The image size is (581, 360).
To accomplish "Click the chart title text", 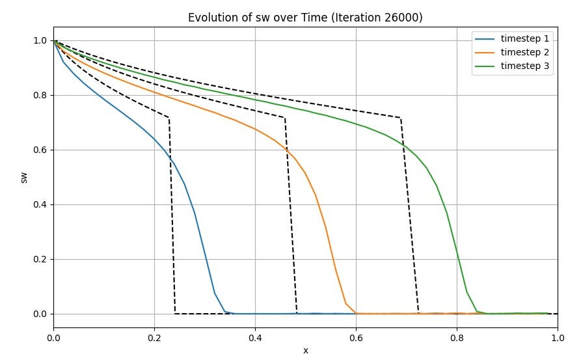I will [305, 18].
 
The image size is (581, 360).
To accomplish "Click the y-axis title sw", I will [24, 177].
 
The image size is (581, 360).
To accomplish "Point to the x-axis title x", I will [305, 350].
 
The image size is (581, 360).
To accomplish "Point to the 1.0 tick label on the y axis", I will [40, 41].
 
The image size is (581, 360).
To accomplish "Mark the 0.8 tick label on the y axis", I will [40, 96].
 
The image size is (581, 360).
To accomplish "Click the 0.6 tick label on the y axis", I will [40, 150].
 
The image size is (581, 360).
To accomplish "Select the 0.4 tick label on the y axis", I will [40, 205].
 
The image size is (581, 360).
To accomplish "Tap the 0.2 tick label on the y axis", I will [40, 260].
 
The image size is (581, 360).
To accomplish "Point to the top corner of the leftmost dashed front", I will [169, 118].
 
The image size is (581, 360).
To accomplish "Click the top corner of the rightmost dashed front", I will [400, 118].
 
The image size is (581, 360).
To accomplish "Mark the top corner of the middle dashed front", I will [285, 118].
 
